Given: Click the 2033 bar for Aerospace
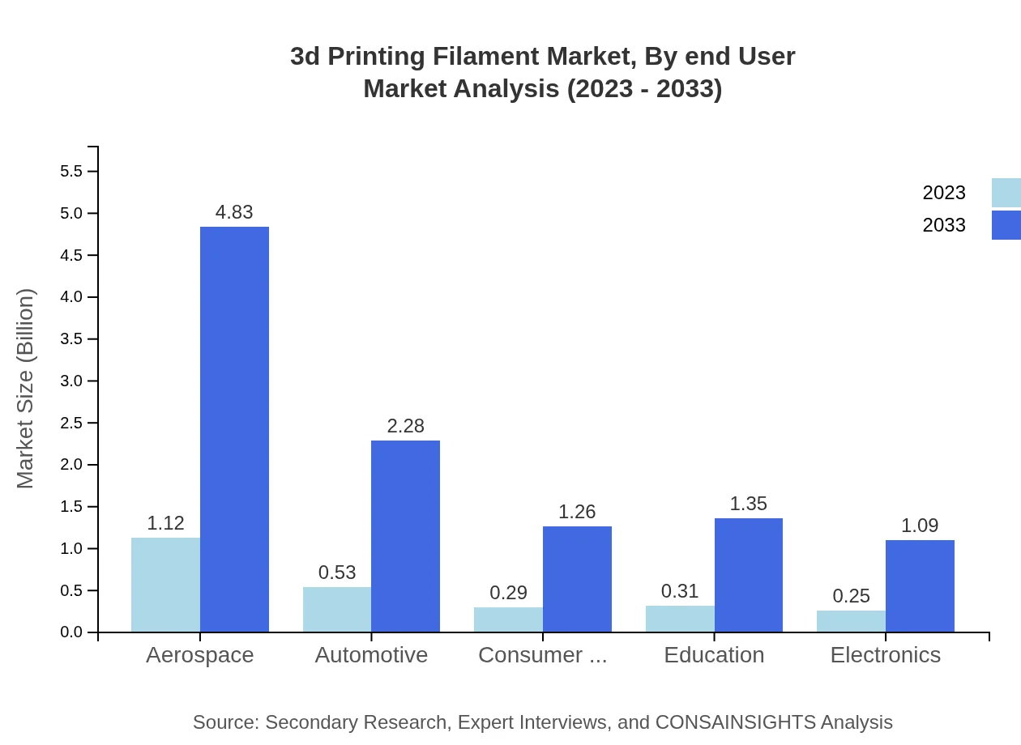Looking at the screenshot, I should (x=234, y=429).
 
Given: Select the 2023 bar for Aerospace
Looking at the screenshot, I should (x=165, y=585).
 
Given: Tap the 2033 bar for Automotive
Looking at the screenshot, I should (x=405, y=536).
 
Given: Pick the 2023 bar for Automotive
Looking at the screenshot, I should (x=337, y=610).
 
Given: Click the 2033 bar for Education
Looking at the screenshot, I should (x=749, y=575).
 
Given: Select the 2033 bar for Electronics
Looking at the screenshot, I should (x=920, y=585).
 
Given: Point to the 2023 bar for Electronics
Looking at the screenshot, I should (x=851, y=621).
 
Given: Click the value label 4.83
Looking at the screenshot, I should (x=234, y=212).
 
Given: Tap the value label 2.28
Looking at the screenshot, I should (x=405, y=426).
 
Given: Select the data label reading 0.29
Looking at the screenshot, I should (x=509, y=593).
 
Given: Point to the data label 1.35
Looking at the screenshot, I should (x=749, y=504).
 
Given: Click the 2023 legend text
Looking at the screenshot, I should (x=944, y=193).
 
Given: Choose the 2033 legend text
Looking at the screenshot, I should (x=944, y=225).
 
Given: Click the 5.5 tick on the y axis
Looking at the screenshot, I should (x=71, y=172).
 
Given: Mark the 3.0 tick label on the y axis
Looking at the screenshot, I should (x=71, y=381).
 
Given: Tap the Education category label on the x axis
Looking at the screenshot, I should (x=714, y=655).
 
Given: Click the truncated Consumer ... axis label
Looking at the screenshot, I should (x=542, y=655).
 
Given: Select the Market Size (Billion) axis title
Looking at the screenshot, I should (x=26, y=389).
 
